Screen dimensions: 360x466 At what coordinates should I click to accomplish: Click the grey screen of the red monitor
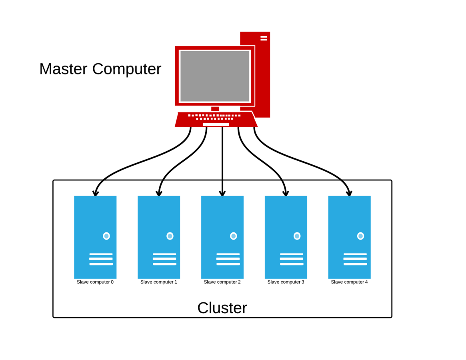pos(215,76)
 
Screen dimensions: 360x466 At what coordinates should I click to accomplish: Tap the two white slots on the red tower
pos(264,38)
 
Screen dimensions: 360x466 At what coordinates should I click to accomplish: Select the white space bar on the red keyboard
pos(216,124)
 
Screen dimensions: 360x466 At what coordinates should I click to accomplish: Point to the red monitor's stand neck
pos(215,108)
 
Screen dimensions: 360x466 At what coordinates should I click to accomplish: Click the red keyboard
pos(216,120)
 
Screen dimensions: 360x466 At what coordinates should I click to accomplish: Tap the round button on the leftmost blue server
pos(106,236)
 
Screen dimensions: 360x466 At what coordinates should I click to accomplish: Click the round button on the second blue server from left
pos(170,236)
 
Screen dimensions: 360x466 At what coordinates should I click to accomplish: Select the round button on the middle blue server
pos(234,236)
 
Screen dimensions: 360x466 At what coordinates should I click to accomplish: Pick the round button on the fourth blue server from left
pos(297,236)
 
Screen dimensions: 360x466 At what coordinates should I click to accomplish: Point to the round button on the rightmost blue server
pos(360,236)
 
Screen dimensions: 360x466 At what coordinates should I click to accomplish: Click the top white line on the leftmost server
pos(101,254)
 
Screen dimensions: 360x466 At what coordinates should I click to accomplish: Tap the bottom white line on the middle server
pos(228,264)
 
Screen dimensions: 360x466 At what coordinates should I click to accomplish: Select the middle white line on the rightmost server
pos(355,259)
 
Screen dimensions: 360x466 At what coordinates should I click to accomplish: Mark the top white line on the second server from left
pos(164,254)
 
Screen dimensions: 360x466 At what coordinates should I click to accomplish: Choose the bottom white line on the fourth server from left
pos(292,264)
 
